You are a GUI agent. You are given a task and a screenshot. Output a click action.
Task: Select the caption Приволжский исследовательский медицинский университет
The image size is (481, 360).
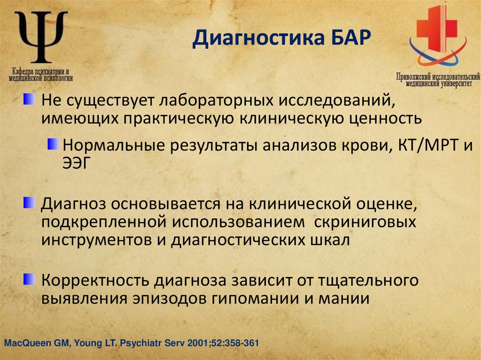tap(438, 79)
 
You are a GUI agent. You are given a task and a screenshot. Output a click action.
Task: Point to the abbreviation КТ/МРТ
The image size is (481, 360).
tap(427, 145)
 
